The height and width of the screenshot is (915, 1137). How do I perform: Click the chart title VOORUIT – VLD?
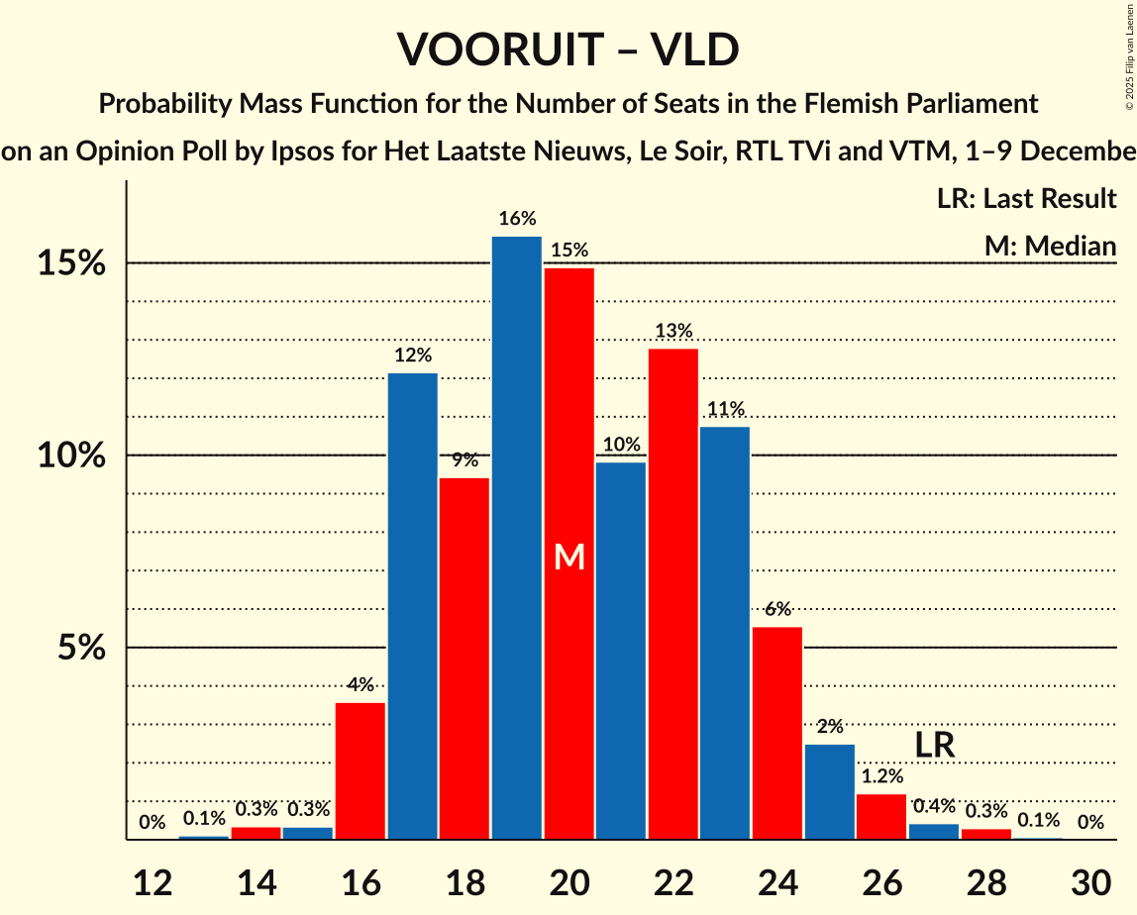coord(568,50)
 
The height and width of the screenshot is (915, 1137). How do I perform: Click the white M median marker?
coord(569,558)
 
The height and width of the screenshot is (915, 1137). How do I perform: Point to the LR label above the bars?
coord(934,745)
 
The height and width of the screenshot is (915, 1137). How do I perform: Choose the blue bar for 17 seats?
coord(412,606)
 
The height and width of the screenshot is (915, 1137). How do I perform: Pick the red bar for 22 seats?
coord(673,594)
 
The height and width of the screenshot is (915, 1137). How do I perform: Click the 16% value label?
coord(517,219)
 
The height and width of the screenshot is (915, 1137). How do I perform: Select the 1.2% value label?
coord(881,776)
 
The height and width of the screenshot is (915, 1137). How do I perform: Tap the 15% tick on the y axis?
coord(71,263)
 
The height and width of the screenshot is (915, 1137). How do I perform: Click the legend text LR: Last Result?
coord(1026,198)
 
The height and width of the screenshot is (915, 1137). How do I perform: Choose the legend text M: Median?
coord(1050,246)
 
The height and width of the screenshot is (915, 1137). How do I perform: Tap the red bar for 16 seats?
coord(361,771)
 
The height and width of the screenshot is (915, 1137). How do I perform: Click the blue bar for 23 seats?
coord(725,634)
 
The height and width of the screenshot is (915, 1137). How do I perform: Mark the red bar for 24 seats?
coord(777,734)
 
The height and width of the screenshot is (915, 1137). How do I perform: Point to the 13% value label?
coord(673,331)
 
